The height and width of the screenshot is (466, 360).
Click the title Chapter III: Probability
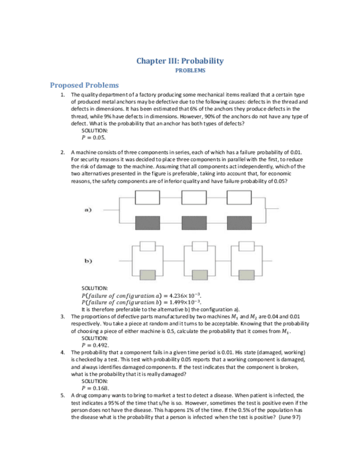(x=180, y=61)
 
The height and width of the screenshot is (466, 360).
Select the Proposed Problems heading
(x=84, y=85)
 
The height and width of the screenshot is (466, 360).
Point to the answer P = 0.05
(x=93, y=138)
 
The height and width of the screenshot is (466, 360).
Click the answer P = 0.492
(x=95, y=345)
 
